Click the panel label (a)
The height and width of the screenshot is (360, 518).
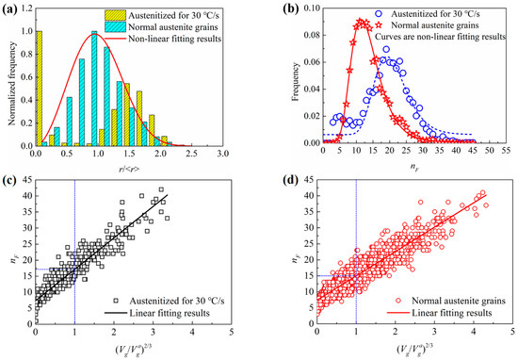coord(10,8)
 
